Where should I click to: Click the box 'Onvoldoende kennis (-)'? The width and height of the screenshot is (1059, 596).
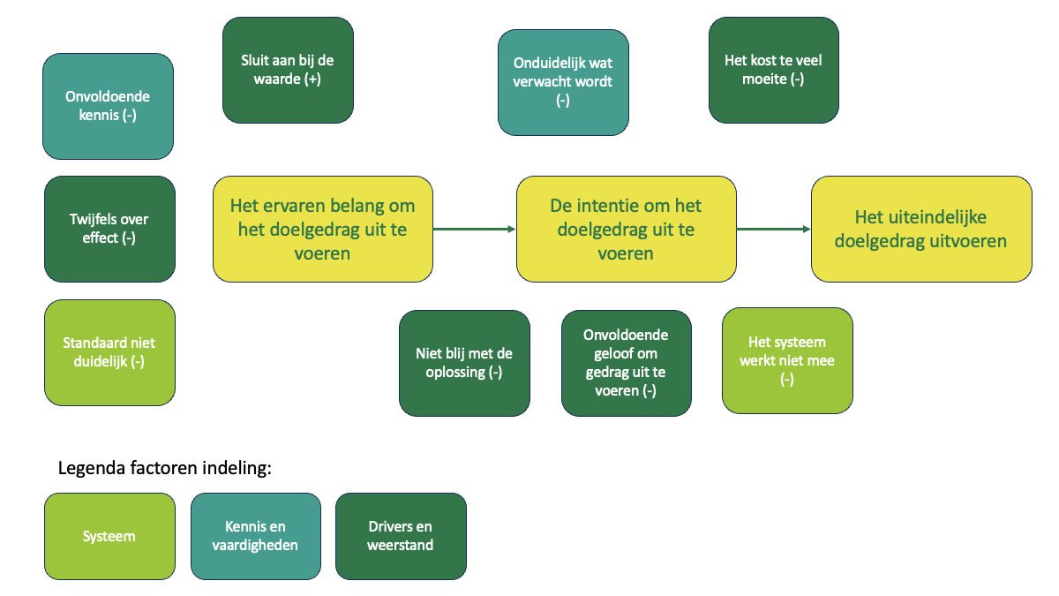click(108, 106)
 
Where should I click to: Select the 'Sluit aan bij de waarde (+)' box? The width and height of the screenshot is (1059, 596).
click(288, 70)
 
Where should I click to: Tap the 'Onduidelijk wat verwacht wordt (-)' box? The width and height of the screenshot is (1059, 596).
click(563, 82)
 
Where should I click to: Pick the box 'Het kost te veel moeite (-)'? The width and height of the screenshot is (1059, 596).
click(773, 70)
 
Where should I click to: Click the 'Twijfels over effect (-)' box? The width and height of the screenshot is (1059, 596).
click(109, 229)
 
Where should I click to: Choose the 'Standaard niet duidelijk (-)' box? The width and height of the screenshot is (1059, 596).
click(109, 352)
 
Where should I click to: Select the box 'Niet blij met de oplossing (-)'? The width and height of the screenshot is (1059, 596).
click(464, 362)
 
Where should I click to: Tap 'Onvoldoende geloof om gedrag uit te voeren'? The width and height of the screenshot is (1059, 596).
click(627, 362)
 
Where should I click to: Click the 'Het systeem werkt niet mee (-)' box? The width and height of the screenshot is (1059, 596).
click(787, 360)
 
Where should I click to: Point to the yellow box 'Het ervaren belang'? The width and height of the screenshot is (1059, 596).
click(322, 229)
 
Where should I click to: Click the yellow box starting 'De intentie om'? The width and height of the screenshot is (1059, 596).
click(626, 229)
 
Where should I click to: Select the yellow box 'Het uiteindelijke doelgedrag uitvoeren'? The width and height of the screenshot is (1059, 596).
click(921, 229)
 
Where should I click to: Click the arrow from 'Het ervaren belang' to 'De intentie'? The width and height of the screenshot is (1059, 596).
click(474, 229)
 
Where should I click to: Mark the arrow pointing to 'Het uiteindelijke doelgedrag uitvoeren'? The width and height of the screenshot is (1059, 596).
click(773, 229)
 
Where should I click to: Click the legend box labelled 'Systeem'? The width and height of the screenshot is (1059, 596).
click(109, 536)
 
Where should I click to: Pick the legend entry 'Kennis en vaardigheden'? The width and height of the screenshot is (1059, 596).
click(256, 536)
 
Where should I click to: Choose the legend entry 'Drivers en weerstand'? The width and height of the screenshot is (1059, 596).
click(401, 536)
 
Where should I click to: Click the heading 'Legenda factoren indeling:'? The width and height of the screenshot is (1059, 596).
click(164, 468)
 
